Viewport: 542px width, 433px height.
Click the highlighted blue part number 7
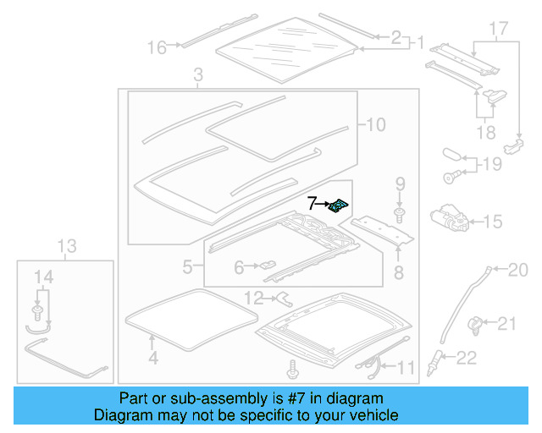340,205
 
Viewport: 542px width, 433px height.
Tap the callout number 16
157,47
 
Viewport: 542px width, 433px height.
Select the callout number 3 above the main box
197,76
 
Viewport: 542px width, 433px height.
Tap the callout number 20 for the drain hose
517,271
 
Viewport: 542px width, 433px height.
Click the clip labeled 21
478,322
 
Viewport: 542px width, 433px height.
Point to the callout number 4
152,358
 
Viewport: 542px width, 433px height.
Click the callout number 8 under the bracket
398,272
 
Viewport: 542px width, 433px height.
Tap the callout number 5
188,267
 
